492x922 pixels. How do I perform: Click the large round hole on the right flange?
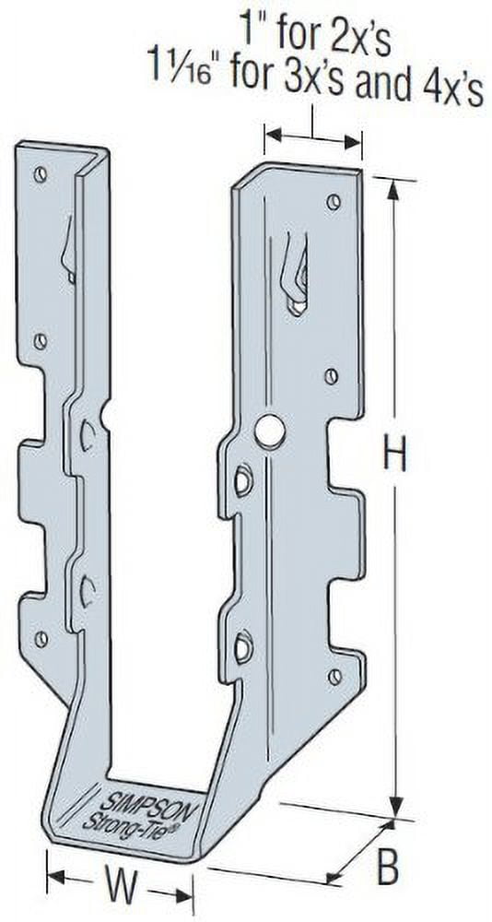click(269, 431)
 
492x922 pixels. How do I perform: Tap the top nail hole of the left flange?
click(40, 174)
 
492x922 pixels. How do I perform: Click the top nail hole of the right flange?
click(334, 201)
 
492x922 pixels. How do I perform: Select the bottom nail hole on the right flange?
click(334, 676)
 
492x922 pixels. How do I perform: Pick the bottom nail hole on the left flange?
click(41, 638)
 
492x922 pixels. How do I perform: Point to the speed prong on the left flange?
click(67, 254)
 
